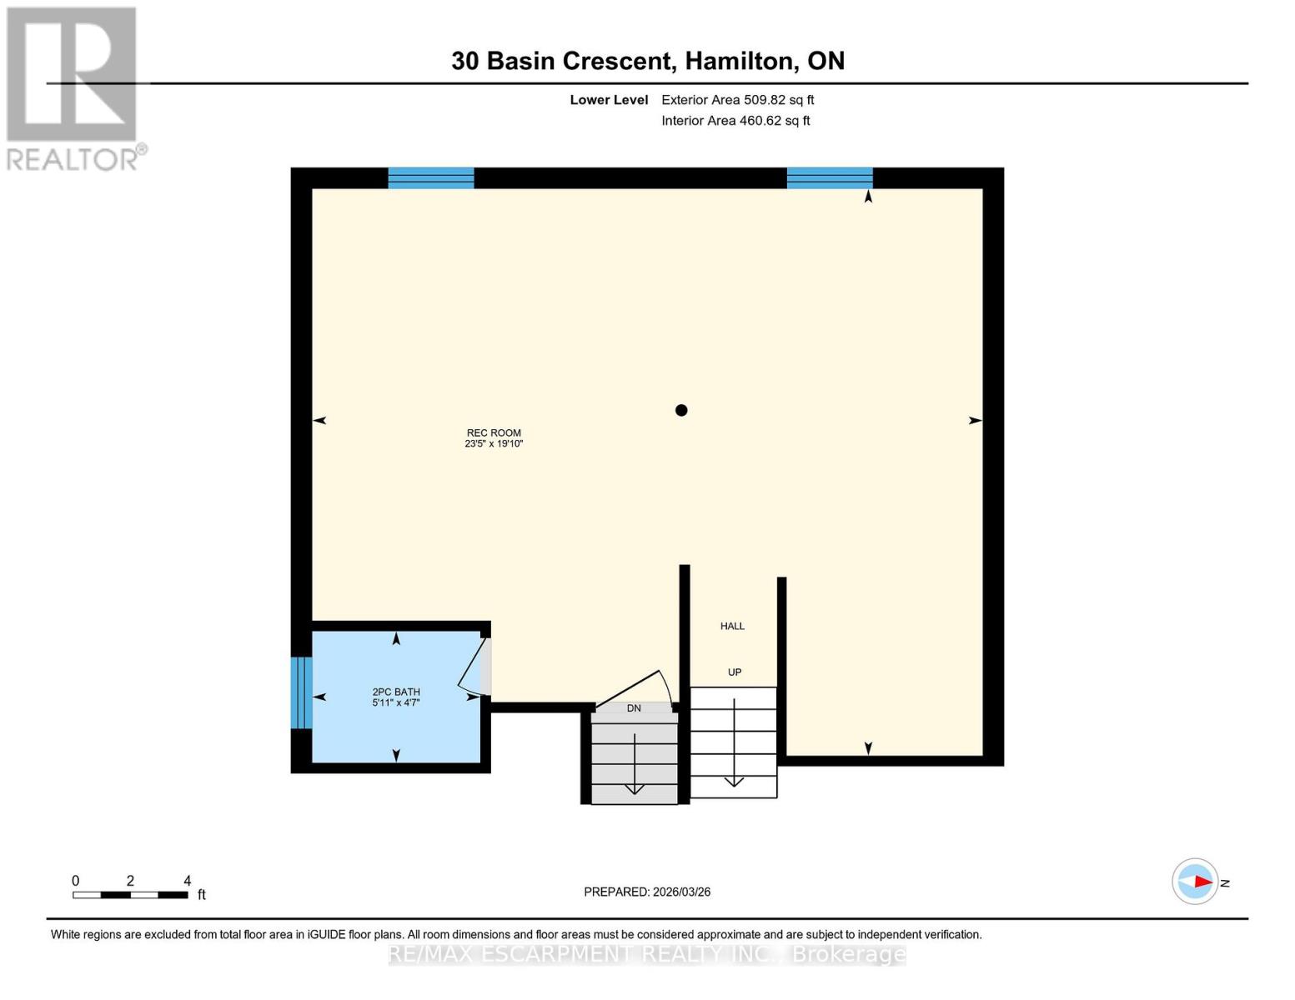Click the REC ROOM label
tap(494, 432)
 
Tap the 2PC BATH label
tap(396, 692)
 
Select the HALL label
tap(732, 626)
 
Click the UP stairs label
tap(734, 672)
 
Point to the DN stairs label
tap(634, 707)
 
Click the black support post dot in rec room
tap(681, 410)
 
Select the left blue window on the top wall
tap(431, 177)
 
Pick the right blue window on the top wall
tap(830, 177)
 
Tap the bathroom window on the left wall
tap(301, 692)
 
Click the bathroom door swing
tap(473, 667)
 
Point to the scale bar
tap(130, 895)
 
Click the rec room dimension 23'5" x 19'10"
tap(494, 444)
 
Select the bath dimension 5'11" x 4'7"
tap(396, 702)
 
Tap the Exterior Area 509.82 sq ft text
tap(737, 100)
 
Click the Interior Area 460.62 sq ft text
tap(735, 121)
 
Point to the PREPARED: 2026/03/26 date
tap(647, 892)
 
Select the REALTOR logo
tap(73, 87)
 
